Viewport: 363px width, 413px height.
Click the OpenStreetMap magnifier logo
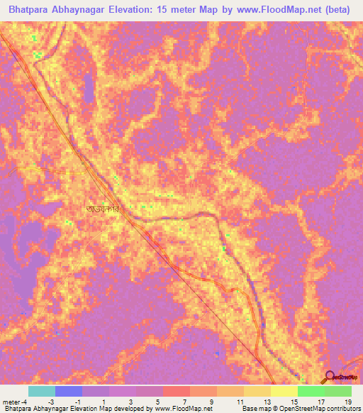coord(329,378)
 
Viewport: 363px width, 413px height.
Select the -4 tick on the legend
coord(24,401)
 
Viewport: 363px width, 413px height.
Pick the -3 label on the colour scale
coord(52,401)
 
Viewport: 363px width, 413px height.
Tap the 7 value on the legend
coord(185,401)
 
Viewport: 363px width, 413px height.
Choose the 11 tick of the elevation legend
coord(239,401)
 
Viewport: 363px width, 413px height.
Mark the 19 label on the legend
coord(347,401)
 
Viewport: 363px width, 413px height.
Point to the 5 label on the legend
coord(158,401)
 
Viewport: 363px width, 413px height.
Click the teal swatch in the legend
coord(41,391)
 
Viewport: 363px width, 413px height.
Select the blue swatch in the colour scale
coord(68,391)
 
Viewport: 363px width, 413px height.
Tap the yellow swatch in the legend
coord(284,391)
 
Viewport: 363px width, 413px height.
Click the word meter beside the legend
coord(11,401)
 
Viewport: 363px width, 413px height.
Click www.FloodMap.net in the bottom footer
coord(184,409)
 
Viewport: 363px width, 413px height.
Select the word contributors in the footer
coord(342,409)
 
